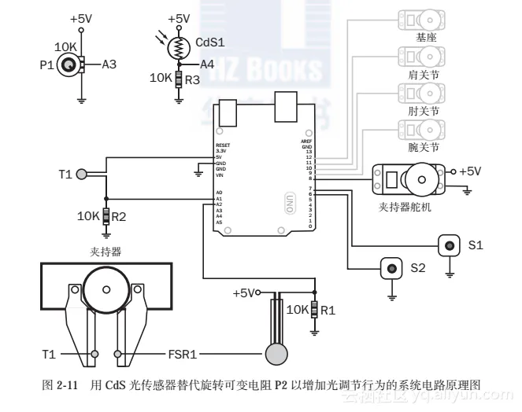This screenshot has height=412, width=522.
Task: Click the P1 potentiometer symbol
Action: [x=69, y=64]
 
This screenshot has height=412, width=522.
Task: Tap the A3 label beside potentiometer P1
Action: [x=109, y=64]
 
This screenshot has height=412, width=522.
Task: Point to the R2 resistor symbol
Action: [x=106, y=215]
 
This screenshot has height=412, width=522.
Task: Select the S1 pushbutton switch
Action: [x=450, y=245]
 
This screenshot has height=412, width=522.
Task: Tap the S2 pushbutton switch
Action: [x=391, y=268]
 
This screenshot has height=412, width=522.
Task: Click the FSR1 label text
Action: [x=183, y=354]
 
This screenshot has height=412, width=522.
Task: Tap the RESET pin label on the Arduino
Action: [x=223, y=146]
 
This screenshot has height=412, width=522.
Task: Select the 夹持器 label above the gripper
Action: [x=106, y=252]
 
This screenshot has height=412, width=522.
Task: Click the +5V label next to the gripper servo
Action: [x=470, y=171]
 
